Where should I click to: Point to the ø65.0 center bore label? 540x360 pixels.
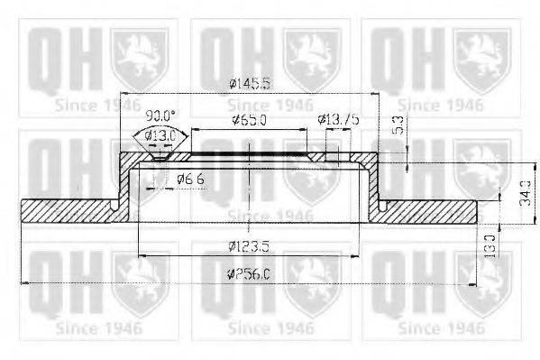pyautogui.click(x=248, y=119)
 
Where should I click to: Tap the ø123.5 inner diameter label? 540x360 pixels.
pyautogui.click(x=248, y=245)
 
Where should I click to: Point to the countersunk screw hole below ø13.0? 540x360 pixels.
pyautogui.click(x=159, y=159)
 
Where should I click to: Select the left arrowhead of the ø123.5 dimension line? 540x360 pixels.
pyautogui.click(x=139, y=256)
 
